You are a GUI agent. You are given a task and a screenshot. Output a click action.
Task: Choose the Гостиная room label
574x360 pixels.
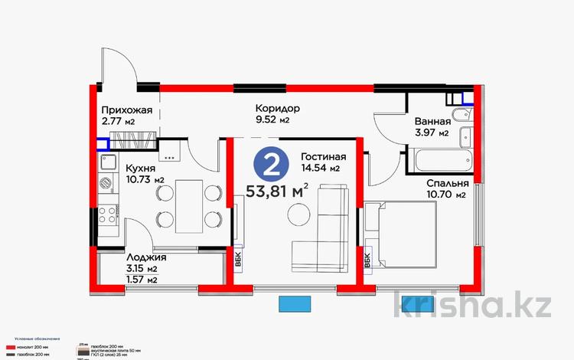319,155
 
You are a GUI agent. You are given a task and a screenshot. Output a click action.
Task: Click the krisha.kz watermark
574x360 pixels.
472,304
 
